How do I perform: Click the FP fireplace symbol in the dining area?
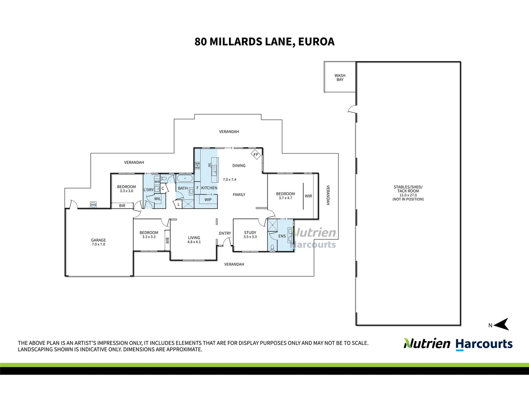coord(256,155)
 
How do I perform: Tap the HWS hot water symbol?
coord(93,205)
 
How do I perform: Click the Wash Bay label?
coord(340,78)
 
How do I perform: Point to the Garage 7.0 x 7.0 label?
coord(98,242)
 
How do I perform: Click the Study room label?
coord(250,233)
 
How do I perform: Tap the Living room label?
coord(194,238)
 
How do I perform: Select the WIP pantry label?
coord(208,200)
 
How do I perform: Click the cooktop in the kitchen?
coord(197,165)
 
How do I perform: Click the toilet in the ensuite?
coord(272,248)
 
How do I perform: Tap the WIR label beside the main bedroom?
coord(309,196)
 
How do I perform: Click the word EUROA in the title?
coord(316,42)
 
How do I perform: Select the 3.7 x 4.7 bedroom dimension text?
coord(285,198)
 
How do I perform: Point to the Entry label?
coord(225,233)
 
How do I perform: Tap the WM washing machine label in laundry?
coord(157,182)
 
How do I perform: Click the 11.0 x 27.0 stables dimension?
coord(408,195)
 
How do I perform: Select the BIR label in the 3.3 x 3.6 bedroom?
coord(122,205)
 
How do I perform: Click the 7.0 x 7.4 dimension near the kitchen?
coord(230,179)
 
